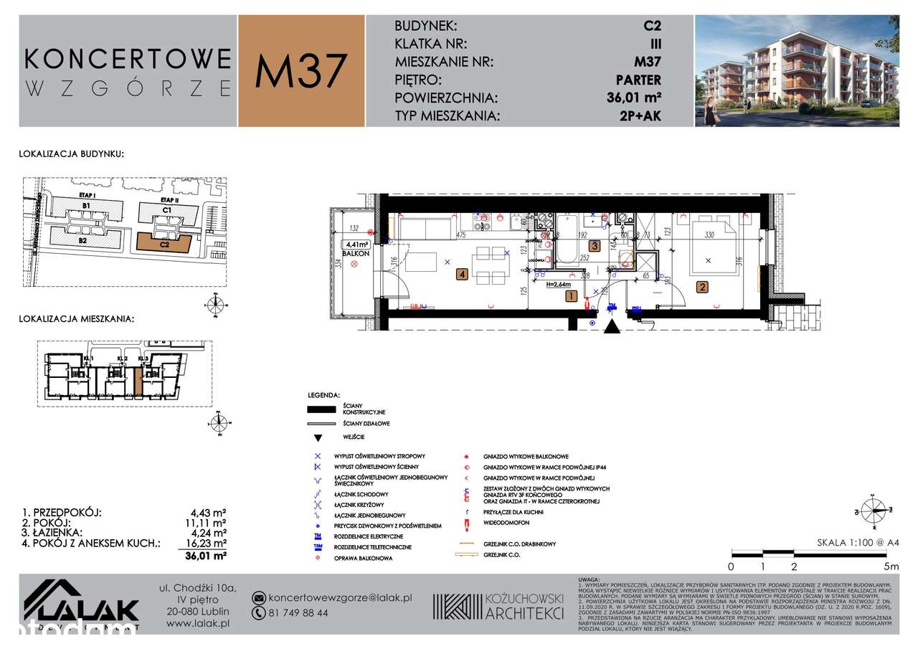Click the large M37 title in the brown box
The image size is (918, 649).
(301, 71)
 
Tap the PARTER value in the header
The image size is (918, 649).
(638, 80)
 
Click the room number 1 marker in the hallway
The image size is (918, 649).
(570, 295)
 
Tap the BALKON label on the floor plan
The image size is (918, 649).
(355, 254)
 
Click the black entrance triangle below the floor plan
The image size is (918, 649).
(611, 327)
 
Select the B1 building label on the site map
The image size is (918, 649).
(85, 206)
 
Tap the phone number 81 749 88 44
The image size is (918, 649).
(299, 613)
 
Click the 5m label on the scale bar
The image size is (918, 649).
(891, 566)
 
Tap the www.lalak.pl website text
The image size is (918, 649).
(197, 625)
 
